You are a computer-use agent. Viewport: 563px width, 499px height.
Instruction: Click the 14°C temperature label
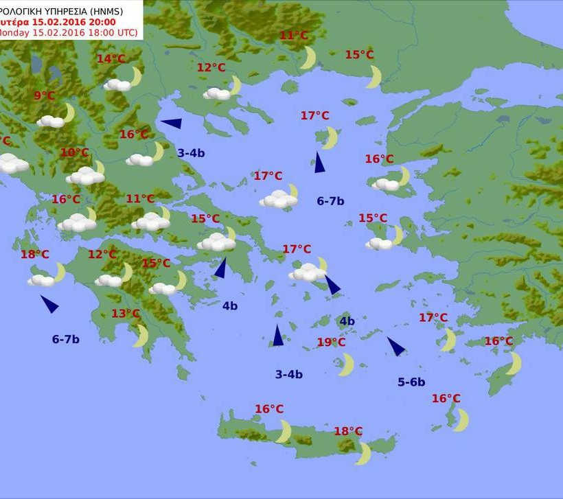click(x=111, y=59)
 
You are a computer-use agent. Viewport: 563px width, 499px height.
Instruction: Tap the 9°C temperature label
click(x=44, y=96)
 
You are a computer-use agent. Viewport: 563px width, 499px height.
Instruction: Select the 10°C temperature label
click(x=74, y=152)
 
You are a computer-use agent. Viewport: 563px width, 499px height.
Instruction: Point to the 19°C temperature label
click(x=331, y=343)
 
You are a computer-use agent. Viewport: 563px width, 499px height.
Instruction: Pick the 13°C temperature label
click(x=126, y=314)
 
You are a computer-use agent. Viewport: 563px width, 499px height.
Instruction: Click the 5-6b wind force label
click(x=411, y=382)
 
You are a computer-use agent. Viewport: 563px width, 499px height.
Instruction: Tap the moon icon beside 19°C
click(x=347, y=364)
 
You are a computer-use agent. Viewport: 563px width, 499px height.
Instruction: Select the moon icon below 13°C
click(x=141, y=336)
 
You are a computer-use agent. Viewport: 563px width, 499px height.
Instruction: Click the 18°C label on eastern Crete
click(x=348, y=431)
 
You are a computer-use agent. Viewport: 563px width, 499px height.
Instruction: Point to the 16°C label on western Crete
click(x=269, y=409)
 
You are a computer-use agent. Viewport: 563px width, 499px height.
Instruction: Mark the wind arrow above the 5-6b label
click(x=395, y=346)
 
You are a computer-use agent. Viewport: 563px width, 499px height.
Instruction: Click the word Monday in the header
click(x=14, y=32)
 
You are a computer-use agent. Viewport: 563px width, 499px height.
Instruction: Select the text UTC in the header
click(x=126, y=32)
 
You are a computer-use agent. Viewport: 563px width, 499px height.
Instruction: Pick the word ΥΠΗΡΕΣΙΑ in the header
click(x=74, y=10)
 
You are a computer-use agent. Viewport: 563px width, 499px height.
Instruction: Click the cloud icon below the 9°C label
click(x=50, y=121)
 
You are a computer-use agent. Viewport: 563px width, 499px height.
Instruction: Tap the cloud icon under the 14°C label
click(x=117, y=85)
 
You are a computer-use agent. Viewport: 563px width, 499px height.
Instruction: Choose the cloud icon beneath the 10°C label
click(x=85, y=176)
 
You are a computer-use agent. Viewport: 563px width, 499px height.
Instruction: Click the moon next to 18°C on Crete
click(x=364, y=453)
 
